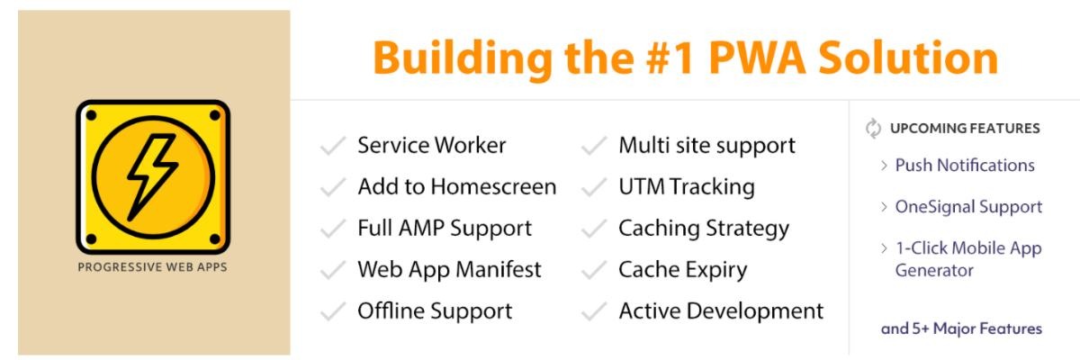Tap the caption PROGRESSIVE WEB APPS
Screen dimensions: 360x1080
(x=153, y=267)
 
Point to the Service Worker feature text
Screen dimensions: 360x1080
(x=431, y=145)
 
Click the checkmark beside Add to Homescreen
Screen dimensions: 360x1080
(x=333, y=187)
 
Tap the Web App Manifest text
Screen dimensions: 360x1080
(x=449, y=269)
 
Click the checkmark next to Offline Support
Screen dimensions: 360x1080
(x=333, y=311)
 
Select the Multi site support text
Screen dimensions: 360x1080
(x=706, y=145)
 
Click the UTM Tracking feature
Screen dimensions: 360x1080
(x=686, y=187)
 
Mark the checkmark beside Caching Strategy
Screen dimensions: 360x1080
(x=594, y=229)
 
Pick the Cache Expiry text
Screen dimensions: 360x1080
(x=682, y=269)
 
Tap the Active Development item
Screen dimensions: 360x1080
(x=720, y=311)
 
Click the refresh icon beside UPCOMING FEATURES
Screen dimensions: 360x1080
(x=872, y=129)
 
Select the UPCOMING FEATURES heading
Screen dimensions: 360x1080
(x=965, y=129)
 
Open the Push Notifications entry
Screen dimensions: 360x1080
(x=965, y=166)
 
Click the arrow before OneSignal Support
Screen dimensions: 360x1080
(x=883, y=207)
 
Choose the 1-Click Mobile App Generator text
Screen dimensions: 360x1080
(x=967, y=258)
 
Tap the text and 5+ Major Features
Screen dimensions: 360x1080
(x=961, y=328)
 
